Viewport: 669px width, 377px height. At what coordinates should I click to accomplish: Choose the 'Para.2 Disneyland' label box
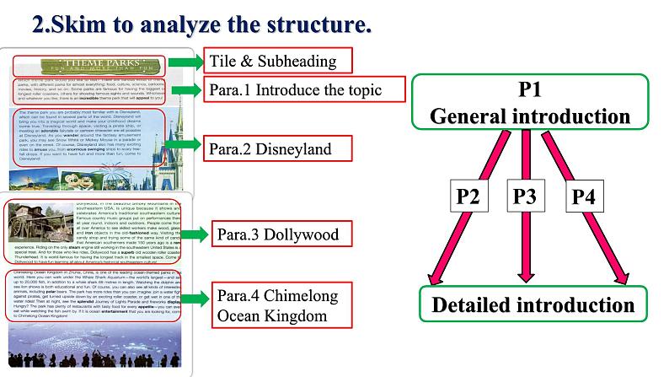point(281,149)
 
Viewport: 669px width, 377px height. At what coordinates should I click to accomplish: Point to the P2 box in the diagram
point(473,197)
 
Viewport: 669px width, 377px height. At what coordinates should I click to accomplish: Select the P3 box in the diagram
point(524,197)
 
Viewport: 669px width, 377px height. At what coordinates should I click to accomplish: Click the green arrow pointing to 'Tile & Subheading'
point(184,62)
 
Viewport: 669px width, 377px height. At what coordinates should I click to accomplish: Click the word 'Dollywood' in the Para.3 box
point(302,234)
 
